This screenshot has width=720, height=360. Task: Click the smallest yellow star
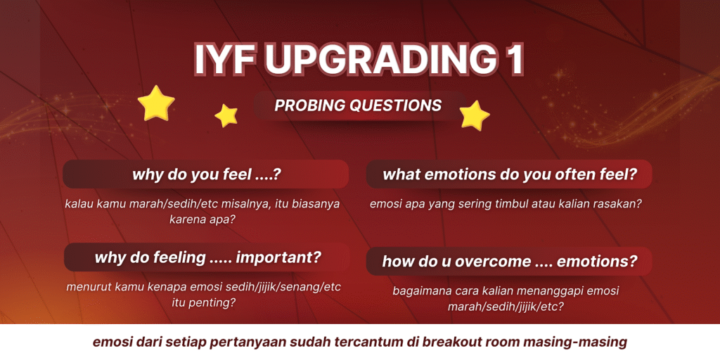(x=226, y=116)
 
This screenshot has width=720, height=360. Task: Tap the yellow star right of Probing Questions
(x=475, y=116)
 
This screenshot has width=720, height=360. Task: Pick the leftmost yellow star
(x=156, y=103)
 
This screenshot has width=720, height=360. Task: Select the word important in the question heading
(x=278, y=257)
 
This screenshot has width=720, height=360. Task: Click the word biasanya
(x=316, y=205)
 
